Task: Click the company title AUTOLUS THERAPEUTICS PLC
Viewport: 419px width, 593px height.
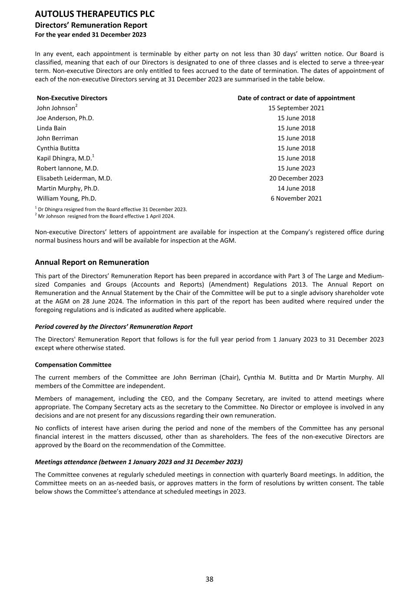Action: [x=95, y=14]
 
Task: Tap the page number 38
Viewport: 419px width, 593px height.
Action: [x=209, y=579]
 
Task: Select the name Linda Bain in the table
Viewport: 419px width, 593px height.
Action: [x=52, y=128]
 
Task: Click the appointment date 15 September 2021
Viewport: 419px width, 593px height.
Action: [x=296, y=108]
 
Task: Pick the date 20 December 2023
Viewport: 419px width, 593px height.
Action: [x=296, y=178]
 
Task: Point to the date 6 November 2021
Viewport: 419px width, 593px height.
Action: [x=296, y=199]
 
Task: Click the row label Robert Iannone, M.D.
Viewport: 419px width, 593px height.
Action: [x=68, y=168]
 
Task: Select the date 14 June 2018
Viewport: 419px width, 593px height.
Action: [x=296, y=189]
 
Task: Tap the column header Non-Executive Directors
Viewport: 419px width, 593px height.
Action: [x=72, y=98]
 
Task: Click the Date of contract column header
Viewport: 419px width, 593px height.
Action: [x=296, y=98]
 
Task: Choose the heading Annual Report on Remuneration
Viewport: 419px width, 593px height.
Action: [x=92, y=262]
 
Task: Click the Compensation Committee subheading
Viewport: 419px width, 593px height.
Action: [x=73, y=365]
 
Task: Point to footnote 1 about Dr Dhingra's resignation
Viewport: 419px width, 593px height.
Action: [x=111, y=209]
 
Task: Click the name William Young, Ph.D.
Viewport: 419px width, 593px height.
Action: [x=66, y=199]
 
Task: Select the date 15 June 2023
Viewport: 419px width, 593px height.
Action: [x=296, y=168]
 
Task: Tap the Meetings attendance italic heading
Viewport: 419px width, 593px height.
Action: [x=139, y=462]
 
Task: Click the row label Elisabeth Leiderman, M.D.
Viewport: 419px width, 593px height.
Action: [x=74, y=178]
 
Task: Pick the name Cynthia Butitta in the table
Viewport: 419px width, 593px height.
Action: [x=58, y=148]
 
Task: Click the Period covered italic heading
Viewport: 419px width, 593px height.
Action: [x=114, y=327]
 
